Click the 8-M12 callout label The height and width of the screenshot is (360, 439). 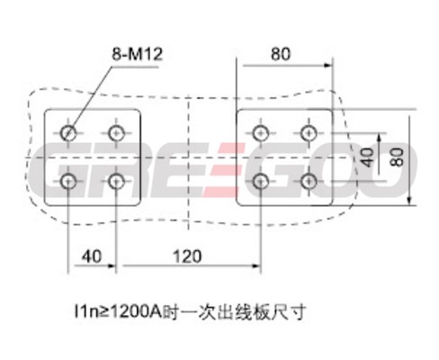pos(137,55)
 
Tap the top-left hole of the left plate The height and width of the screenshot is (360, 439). pos(68,133)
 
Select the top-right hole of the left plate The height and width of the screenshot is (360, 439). pos(116,133)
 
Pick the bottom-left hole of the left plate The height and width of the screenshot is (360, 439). pos(68,181)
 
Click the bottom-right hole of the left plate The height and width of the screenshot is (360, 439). pos(116,181)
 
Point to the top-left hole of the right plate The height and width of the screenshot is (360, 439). pos(261,133)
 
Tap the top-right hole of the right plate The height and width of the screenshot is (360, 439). pos(309,133)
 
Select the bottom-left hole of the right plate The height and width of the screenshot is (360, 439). pos(261,181)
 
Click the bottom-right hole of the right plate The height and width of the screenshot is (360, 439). pos(309,181)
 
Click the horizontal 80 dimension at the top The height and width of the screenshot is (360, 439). pos(281,54)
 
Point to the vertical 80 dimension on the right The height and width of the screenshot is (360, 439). pos(398,157)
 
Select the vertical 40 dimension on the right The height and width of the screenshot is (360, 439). pos(367,157)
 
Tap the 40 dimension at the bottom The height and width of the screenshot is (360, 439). pos(92,256)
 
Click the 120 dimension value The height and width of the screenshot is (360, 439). pos(187,256)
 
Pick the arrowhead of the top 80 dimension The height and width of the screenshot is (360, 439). pos(328,65)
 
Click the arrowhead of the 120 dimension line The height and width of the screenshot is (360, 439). pos(256,265)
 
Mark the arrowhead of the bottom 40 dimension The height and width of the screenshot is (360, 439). pos(112,265)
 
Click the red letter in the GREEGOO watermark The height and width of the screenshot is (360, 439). pos(223,170)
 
